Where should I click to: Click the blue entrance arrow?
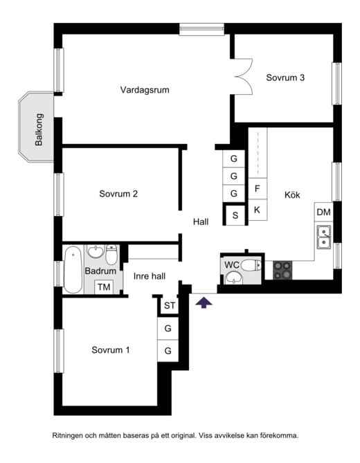pyautogui.click(x=204, y=302)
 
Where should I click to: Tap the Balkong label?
pyautogui.click(x=39, y=129)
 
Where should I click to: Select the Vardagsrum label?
pyautogui.click(x=145, y=90)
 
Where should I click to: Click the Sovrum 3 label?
pyautogui.click(x=285, y=78)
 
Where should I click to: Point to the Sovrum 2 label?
pyautogui.click(x=118, y=194)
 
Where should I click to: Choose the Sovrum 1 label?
pyautogui.click(x=111, y=350)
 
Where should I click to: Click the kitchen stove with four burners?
pyautogui.click(x=282, y=270)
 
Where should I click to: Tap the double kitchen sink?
pyautogui.click(x=324, y=237)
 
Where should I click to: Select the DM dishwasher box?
pyautogui.click(x=324, y=212)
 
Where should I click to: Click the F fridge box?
pyautogui.click(x=258, y=189)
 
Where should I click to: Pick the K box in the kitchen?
pyautogui.click(x=258, y=210)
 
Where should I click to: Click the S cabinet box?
pyautogui.click(x=235, y=215)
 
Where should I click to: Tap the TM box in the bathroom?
pyautogui.click(x=104, y=287)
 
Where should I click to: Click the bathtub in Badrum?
pyautogui.click(x=73, y=270)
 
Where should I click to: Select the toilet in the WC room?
pyautogui.click(x=251, y=266)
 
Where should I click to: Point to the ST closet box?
pyautogui.click(x=170, y=306)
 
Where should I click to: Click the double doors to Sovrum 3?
pyautogui.click(x=244, y=77)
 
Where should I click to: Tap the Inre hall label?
pyautogui.click(x=150, y=276)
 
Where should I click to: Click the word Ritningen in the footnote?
pyautogui.click(x=67, y=435)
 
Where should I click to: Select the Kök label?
pyautogui.click(x=292, y=195)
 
